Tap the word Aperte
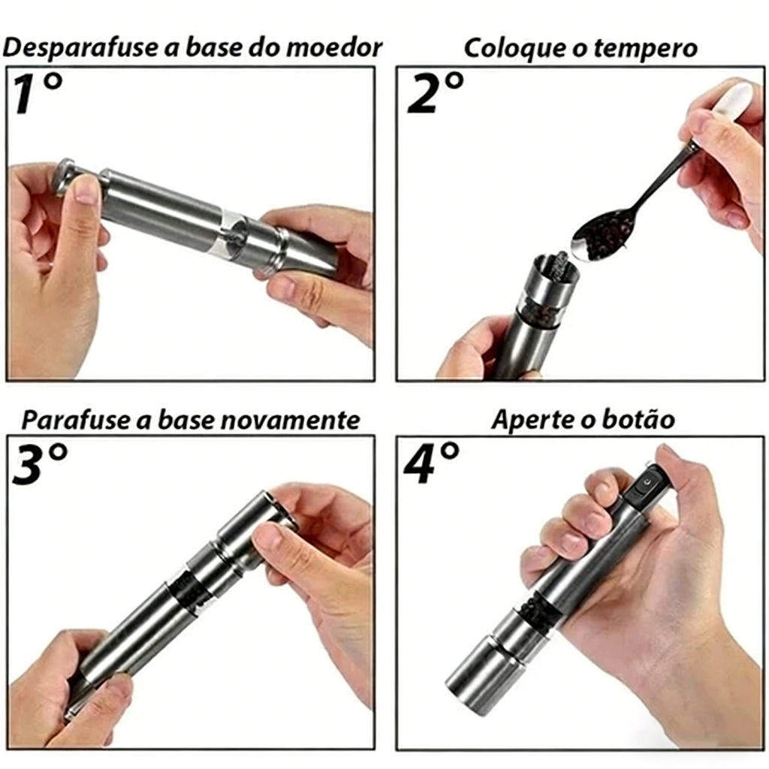[532, 421]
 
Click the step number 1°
[38, 93]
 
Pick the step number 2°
[436, 93]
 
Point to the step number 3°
[39, 463]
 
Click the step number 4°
[432, 463]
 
